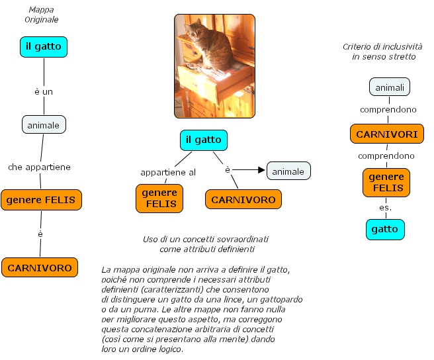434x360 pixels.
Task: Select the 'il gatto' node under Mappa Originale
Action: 44,46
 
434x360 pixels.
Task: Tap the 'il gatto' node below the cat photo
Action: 203,140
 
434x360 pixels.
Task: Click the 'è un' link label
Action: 44,91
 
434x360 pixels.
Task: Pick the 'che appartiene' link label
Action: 39,167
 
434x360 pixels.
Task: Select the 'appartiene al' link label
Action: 168,172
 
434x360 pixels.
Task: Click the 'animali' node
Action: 390,87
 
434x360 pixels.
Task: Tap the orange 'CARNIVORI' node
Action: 387,134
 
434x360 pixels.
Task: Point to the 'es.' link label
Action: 385,207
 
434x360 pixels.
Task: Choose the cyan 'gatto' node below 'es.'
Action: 385,229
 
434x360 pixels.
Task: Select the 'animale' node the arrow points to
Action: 288,171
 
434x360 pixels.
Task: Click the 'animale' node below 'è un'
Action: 44,124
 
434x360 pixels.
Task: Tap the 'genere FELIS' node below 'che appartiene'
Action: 41,199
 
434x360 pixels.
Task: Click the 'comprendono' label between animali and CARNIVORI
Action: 388,109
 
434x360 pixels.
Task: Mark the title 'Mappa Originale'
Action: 42,15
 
